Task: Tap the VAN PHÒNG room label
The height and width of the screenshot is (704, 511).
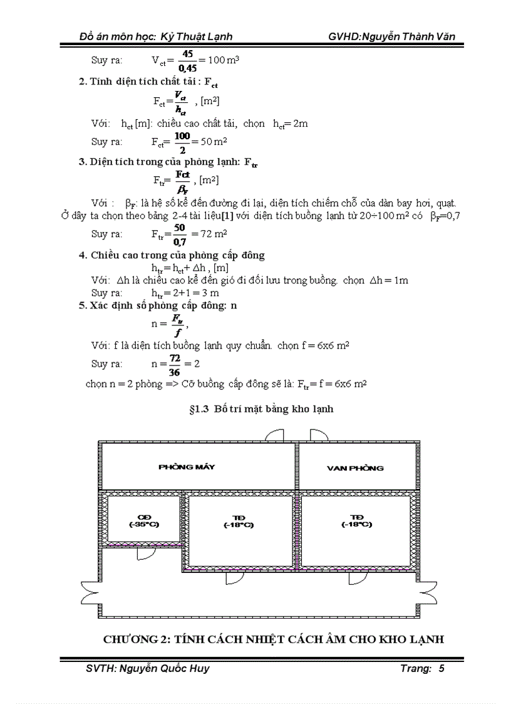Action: (355, 468)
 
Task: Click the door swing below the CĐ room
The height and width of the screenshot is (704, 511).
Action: (145, 554)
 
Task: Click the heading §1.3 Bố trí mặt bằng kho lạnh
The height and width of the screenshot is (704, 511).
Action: (261, 409)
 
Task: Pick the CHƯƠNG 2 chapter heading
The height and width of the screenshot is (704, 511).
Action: (274, 639)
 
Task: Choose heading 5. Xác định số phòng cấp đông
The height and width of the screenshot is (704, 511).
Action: (157, 305)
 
